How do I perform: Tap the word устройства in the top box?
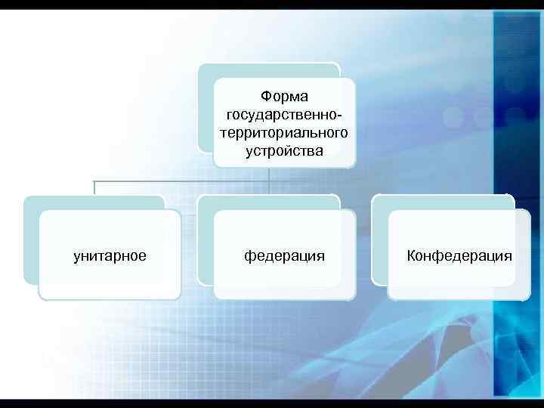click(x=283, y=151)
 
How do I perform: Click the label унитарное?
click(x=110, y=256)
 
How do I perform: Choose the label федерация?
click(x=284, y=256)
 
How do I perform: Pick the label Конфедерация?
click(x=459, y=256)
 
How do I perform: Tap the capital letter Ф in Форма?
click(x=265, y=97)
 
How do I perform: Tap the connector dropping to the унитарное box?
click(x=94, y=188)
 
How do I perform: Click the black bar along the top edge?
click(x=272, y=4)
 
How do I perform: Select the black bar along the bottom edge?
click(x=272, y=403)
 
